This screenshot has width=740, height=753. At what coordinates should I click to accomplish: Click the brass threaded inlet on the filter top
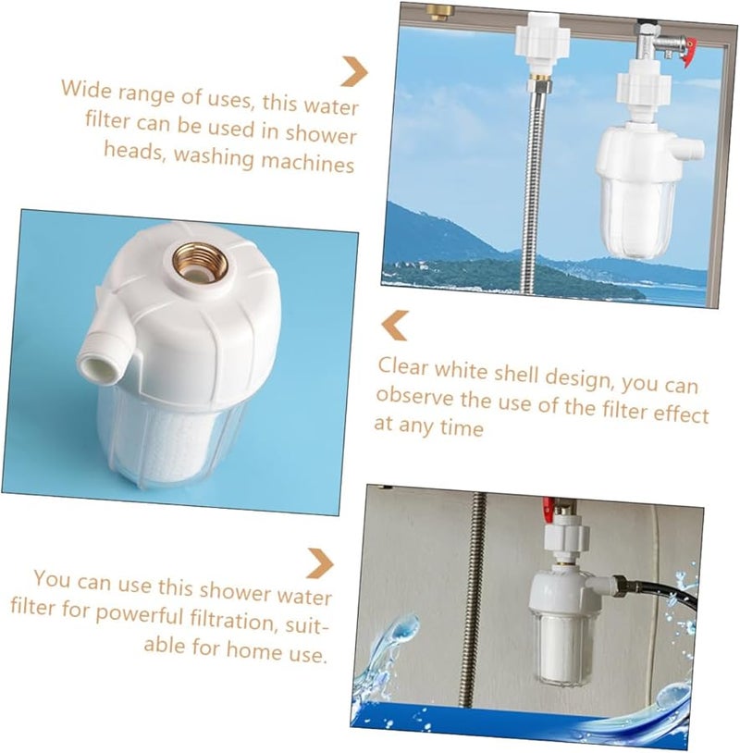(194, 265)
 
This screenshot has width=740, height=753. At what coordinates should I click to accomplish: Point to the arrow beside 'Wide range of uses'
(353, 71)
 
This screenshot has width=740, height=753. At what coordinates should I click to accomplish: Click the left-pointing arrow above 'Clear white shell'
(395, 326)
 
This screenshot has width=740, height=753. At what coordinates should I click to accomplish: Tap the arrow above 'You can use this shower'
(320, 562)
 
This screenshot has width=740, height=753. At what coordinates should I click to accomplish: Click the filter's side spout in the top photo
(692, 149)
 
